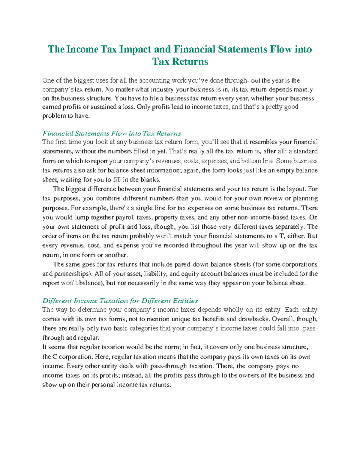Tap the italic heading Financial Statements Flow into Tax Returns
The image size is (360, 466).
pos(112,133)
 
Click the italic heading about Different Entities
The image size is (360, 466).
pos(120,301)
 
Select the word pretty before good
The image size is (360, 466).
pos(276,107)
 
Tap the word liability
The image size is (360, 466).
pos(156,274)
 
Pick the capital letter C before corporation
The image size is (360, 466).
pos(55,357)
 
